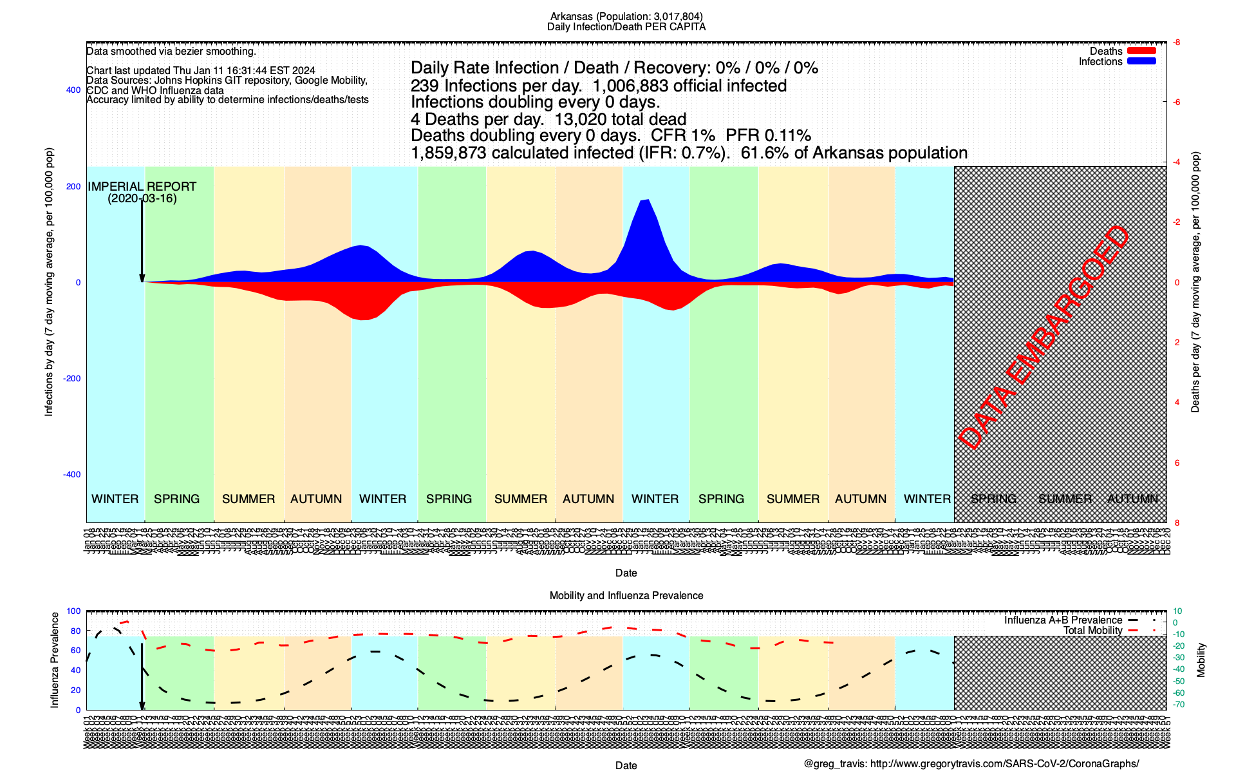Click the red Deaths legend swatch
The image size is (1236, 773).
(1141, 51)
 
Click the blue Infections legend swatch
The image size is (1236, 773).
(1141, 61)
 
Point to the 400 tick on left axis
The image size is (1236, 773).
(73, 90)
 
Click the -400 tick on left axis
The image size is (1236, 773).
(72, 475)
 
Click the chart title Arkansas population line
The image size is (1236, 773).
(626, 17)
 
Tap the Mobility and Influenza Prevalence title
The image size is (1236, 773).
(626, 596)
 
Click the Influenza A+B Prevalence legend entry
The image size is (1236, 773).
(1063, 620)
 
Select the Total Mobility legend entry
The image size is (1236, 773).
(1092, 631)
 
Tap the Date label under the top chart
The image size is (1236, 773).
(626, 573)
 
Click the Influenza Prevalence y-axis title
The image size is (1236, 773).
(55, 660)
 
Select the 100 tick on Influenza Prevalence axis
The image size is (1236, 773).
(74, 611)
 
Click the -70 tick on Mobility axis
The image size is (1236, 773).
(1177, 704)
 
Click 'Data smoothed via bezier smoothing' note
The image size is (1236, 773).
(171, 52)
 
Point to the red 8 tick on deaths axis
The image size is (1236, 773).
(1177, 522)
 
